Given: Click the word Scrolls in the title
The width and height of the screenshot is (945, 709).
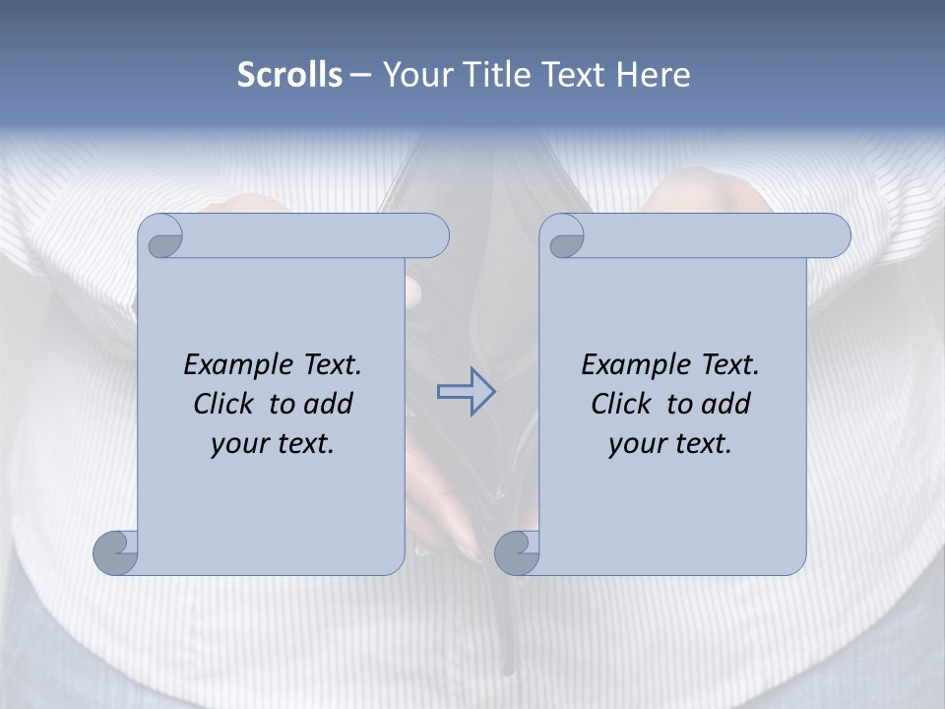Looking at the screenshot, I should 289,75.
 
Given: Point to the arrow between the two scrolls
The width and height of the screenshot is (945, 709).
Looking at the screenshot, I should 466,392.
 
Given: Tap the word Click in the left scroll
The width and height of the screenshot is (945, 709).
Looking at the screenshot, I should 223,404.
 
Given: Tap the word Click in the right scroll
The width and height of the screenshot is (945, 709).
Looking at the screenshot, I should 621,404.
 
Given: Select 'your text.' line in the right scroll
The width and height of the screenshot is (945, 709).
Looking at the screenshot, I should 670,444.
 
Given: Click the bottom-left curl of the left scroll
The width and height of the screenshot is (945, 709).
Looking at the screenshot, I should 116,552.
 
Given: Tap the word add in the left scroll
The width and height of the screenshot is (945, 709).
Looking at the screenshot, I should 329,404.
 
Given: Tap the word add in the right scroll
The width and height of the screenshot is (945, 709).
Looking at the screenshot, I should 726,404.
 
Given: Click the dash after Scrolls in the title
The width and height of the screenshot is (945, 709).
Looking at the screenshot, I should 360,75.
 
